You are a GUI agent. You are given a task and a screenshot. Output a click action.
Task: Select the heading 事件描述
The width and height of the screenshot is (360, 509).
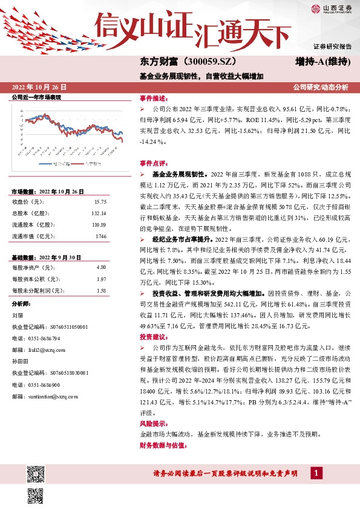click(x=154, y=98)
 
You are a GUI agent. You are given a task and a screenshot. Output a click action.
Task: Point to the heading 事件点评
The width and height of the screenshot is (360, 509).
click(x=154, y=163)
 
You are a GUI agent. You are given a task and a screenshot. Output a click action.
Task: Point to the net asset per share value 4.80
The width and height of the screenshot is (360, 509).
click(x=102, y=267)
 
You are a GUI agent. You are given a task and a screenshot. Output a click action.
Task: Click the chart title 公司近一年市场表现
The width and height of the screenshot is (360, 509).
click(x=36, y=97)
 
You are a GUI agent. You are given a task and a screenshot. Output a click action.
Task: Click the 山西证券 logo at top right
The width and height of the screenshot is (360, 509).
click(x=331, y=8)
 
